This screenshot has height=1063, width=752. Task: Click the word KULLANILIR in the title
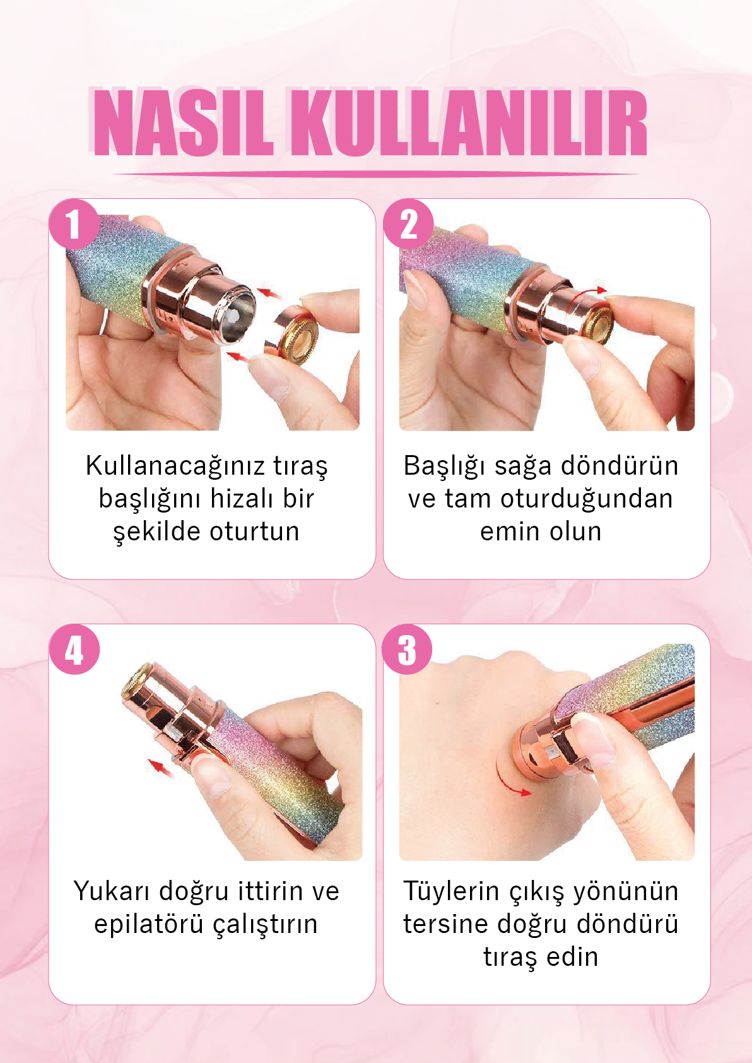click(469, 123)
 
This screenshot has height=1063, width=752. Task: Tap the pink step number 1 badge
click(74, 224)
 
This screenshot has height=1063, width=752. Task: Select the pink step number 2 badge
click(408, 224)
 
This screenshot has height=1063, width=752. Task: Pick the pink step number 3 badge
click(407, 650)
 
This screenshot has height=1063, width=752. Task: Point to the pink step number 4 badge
click(74, 650)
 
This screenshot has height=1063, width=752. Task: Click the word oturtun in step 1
click(254, 531)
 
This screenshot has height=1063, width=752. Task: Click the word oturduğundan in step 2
click(587, 500)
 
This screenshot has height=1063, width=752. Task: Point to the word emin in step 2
click(510, 531)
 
